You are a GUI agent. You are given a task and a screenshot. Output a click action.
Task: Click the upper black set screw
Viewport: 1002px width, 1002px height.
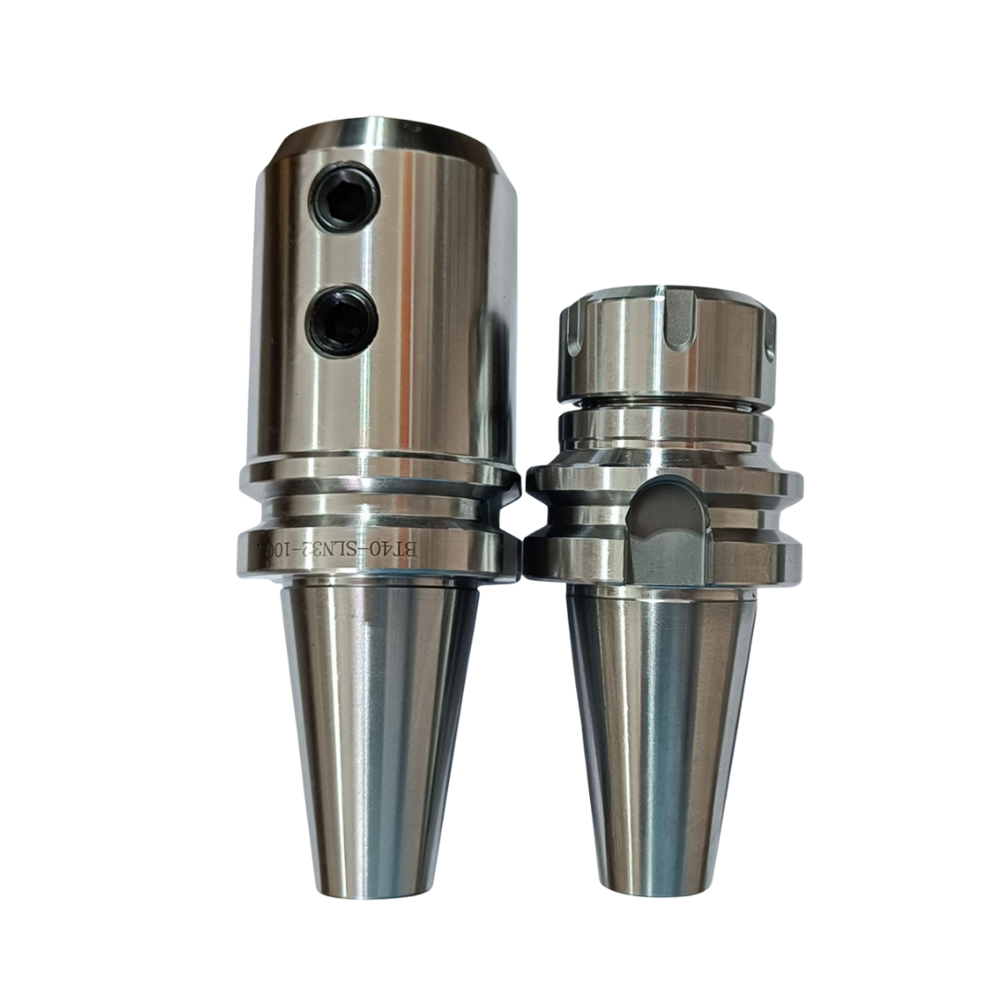tap(346, 197)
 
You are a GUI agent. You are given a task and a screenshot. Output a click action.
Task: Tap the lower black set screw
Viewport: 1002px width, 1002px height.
tap(340, 320)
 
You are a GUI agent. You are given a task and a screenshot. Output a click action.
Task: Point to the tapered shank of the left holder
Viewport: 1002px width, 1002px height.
tap(380, 741)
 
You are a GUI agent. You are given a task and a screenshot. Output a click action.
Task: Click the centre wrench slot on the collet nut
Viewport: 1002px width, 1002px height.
tap(678, 317)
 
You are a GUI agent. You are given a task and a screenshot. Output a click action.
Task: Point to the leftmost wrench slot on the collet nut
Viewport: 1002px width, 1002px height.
tap(572, 328)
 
